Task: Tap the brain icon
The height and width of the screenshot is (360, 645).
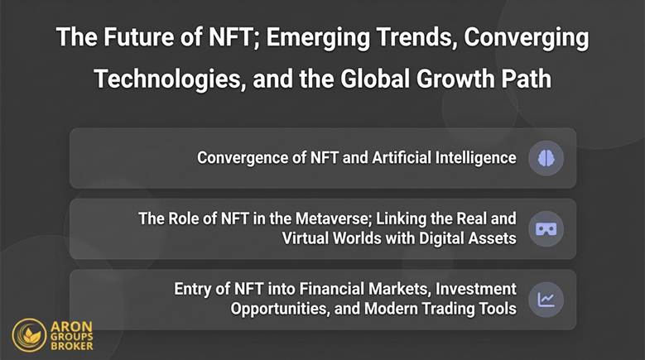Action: click(x=546, y=157)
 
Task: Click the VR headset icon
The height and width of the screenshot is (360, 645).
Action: click(x=546, y=228)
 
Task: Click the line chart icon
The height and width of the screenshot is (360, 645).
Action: click(x=546, y=299)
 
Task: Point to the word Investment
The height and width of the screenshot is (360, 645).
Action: click(x=474, y=290)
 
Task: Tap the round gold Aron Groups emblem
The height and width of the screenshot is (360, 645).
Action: click(x=29, y=335)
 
